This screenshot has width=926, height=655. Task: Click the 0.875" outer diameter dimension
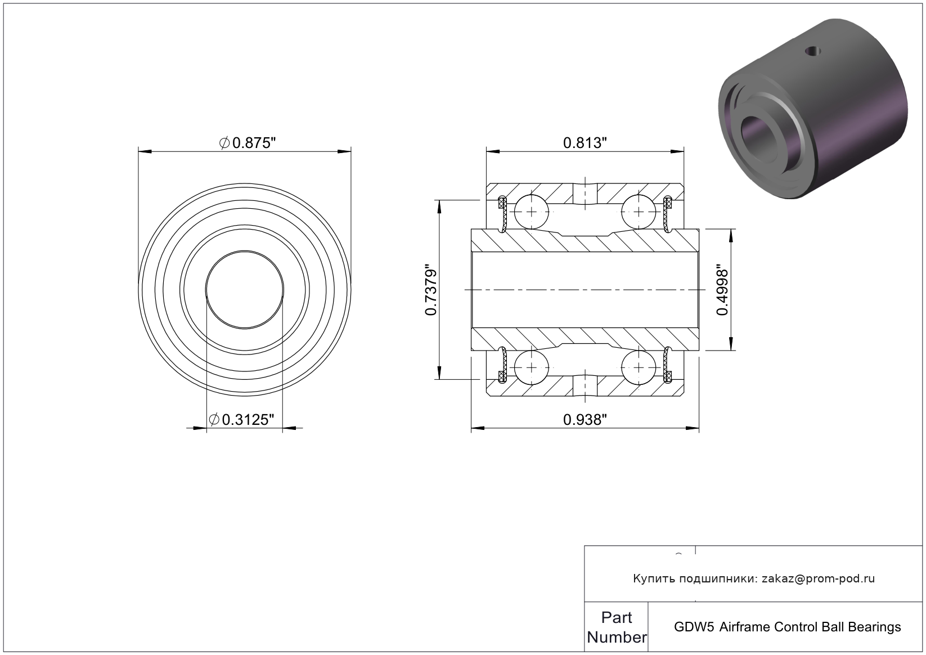click(x=248, y=143)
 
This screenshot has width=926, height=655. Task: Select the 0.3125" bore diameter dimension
click(x=242, y=420)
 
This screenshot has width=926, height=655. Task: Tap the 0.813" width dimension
click(x=585, y=143)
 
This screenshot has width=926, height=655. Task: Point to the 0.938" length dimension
click(x=585, y=420)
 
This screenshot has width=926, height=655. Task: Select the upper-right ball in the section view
click(x=639, y=212)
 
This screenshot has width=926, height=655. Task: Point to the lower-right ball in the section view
click(x=639, y=367)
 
